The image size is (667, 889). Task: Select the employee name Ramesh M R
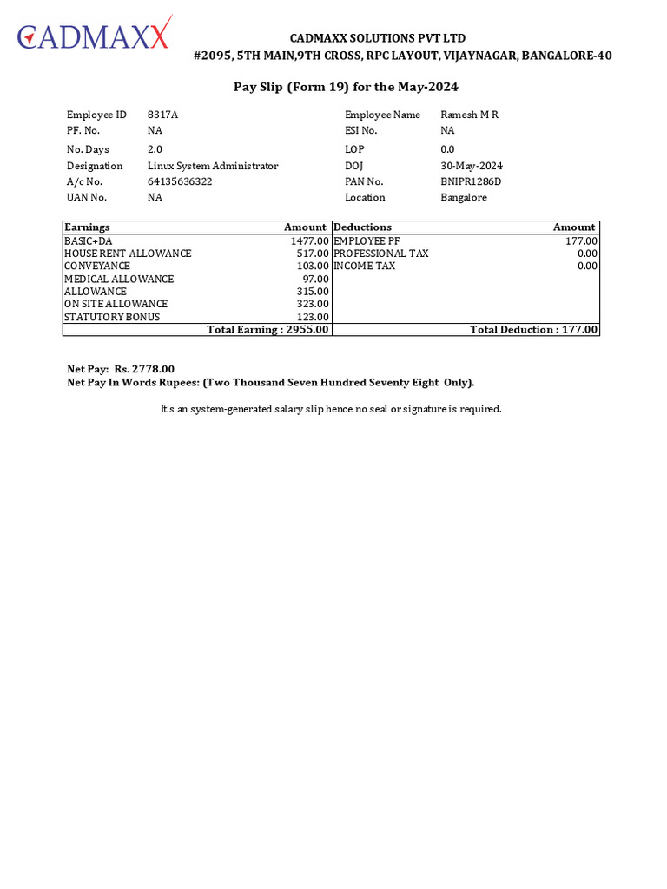[469, 115]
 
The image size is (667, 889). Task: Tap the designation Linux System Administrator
[213, 166]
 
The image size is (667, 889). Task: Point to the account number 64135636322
[180, 181]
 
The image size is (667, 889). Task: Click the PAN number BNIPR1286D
[471, 181]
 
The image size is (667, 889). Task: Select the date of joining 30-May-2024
[472, 166]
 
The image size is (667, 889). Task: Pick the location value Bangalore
[464, 197]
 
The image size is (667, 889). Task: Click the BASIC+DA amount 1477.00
[310, 240]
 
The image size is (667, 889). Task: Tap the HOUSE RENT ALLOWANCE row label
[128, 254]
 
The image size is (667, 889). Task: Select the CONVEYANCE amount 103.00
[313, 266]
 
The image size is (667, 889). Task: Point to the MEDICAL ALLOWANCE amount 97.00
[315, 279]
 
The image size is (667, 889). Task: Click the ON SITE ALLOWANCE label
[116, 304]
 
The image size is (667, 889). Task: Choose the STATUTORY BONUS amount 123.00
[313, 317]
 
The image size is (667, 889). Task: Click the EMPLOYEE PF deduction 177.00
[581, 240]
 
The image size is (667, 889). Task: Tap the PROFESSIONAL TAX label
[381, 254]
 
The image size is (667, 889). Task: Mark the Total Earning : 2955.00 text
[267, 330]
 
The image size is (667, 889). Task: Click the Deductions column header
[362, 227]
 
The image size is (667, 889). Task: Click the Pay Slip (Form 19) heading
[346, 87]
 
